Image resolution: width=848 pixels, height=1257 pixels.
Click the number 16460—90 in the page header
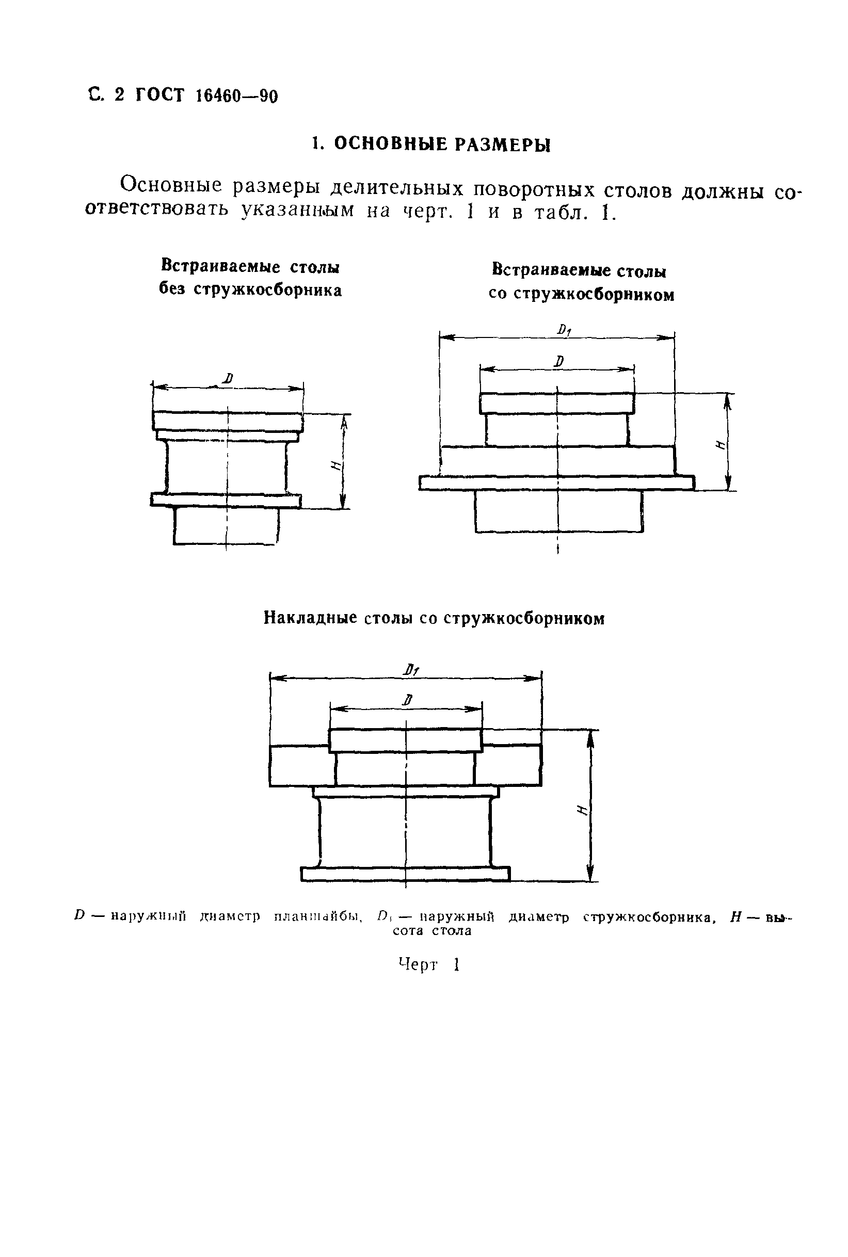pos(236,96)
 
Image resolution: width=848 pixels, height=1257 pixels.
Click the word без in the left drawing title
pos(173,290)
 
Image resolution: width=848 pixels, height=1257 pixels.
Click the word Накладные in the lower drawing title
pos(310,618)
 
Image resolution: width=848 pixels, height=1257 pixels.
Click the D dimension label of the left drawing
pos(228,378)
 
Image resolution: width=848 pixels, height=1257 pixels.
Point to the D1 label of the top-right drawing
pos(564,330)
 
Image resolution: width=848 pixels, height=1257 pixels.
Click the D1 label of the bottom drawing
pos(411,670)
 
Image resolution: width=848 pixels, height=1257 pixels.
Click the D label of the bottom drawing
pos(408,700)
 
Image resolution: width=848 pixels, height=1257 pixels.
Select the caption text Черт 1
pos(429,964)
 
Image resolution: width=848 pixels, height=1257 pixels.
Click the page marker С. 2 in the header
pos(106,95)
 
